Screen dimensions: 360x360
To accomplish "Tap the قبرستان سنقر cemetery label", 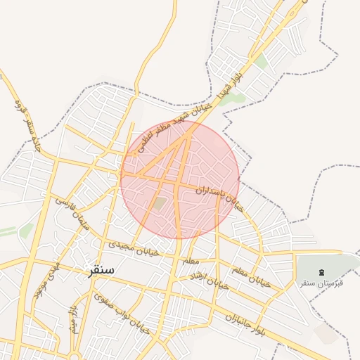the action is click(x=321, y=282).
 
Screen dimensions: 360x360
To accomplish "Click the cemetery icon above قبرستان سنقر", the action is click(x=322, y=271).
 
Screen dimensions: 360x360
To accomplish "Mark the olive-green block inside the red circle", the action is click(x=161, y=203).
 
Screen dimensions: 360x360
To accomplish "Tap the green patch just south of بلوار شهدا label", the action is click(x=239, y=98).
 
